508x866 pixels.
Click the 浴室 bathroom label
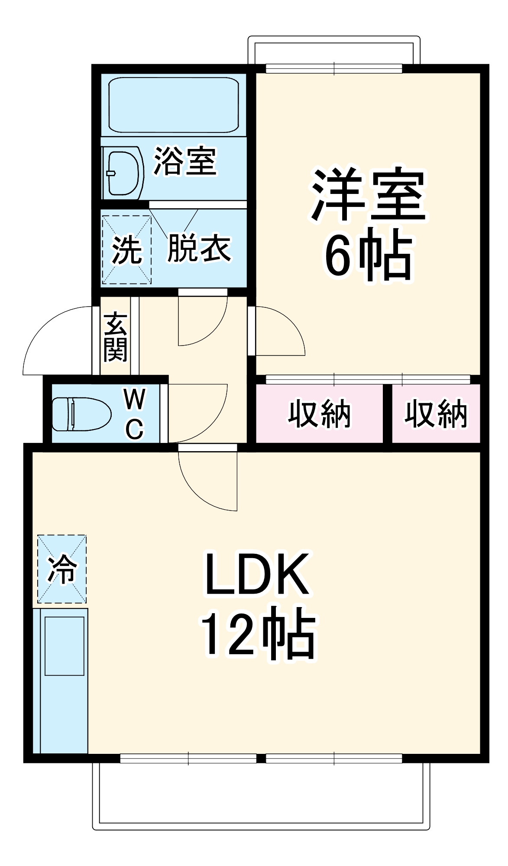[x=185, y=162]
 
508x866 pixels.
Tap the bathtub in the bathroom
[x=174, y=105]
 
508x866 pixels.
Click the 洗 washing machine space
[x=126, y=250]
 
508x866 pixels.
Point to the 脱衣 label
[x=199, y=248]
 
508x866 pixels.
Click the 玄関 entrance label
[x=115, y=336]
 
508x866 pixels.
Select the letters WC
[x=134, y=414]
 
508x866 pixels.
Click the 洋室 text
[x=369, y=194]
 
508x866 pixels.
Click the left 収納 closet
[x=319, y=414]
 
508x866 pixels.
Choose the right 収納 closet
[x=436, y=414]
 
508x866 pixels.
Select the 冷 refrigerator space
[x=62, y=569]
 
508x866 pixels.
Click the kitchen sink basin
[x=65, y=646]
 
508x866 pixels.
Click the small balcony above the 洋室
[x=333, y=50]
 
